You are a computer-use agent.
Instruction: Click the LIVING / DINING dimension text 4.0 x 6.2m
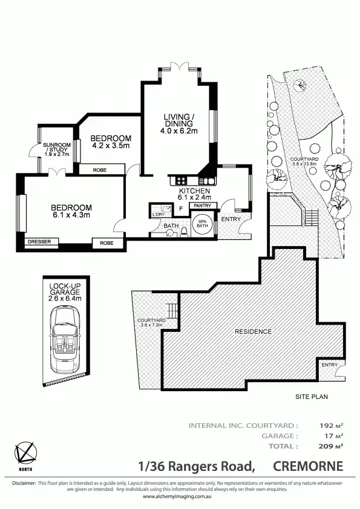179,131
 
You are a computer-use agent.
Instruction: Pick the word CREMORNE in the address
308,466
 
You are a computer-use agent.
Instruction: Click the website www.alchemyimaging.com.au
180,496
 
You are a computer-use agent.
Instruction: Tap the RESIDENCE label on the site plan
254,332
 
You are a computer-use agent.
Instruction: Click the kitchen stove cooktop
180,180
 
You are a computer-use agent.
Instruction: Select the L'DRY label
158,215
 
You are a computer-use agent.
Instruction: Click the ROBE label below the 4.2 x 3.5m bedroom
100,170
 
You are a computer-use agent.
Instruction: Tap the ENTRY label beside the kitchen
231,219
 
